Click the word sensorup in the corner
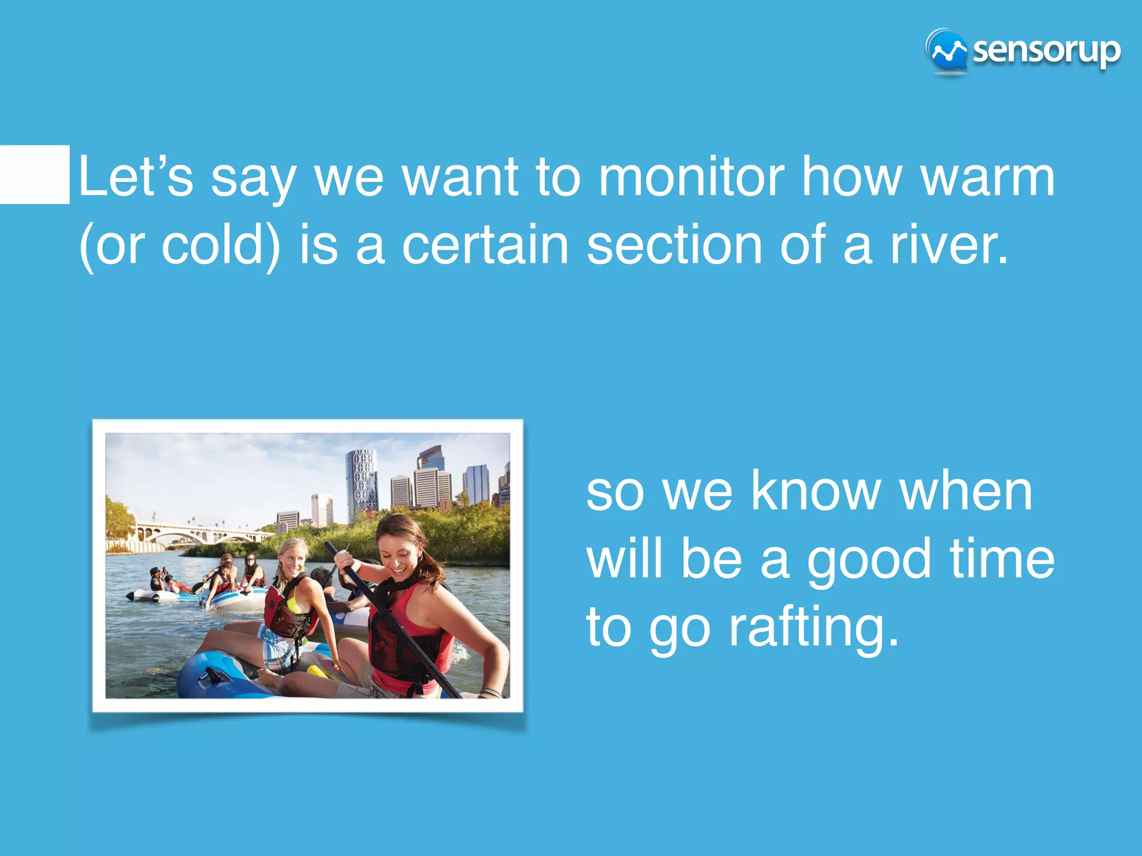tap(1046, 51)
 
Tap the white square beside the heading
tap(35, 174)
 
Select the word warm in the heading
tap(988, 177)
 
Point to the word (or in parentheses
tap(112, 245)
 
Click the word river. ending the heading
tap(949, 245)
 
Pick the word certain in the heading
tap(485, 245)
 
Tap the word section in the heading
tap(675, 245)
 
